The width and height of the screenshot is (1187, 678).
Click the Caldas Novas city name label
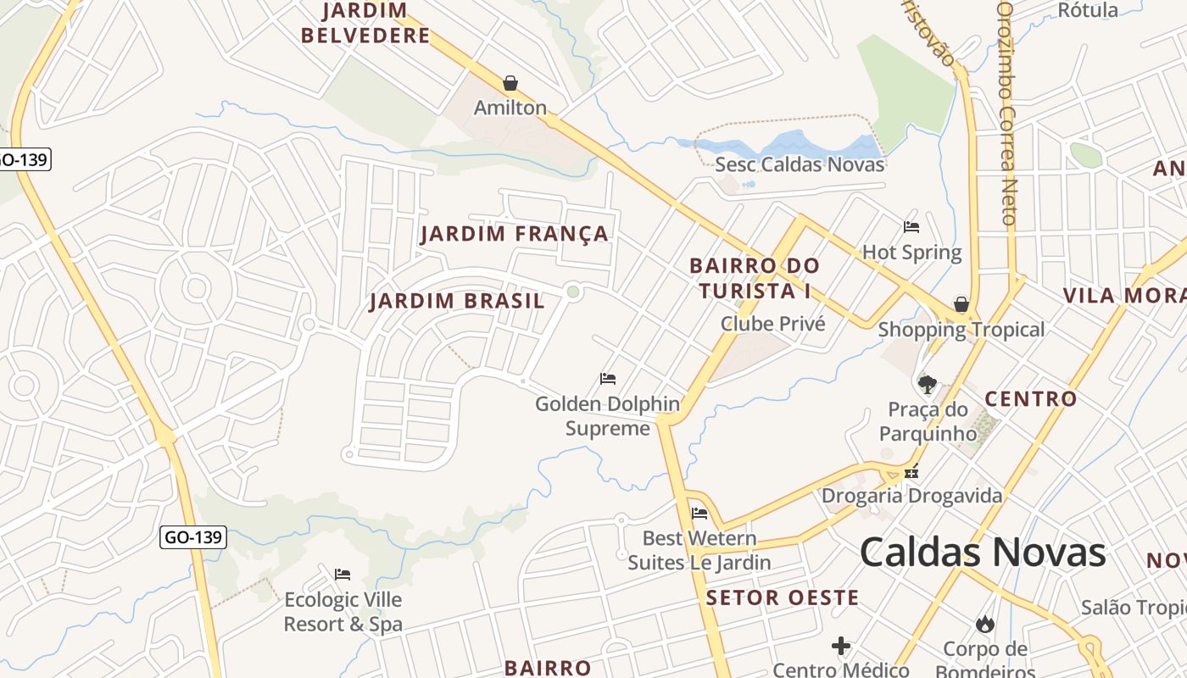pyautogui.click(x=982, y=553)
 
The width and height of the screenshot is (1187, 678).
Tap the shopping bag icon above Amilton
pyautogui.click(x=510, y=83)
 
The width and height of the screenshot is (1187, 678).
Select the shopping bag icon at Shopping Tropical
pyautogui.click(x=961, y=304)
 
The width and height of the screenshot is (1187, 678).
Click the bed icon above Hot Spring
pyautogui.click(x=911, y=226)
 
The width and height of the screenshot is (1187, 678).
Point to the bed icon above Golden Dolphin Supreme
pyautogui.click(x=608, y=378)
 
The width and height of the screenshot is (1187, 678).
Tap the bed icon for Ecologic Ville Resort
pyautogui.click(x=343, y=574)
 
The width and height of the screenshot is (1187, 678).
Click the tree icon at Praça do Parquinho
pyautogui.click(x=928, y=385)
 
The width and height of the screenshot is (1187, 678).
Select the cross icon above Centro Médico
pyautogui.click(x=840, y=647)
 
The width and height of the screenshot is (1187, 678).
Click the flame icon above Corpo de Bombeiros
pyautogui.click(x=984, y=625)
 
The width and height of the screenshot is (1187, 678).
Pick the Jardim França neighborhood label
pyautogui.click(x=515, y=234)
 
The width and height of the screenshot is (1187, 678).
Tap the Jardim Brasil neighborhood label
pyautogui.click(x=457, y=301)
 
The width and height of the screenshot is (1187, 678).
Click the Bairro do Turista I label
pyautogui.click(x=754, y=278)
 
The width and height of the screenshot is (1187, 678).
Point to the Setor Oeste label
pyautogui.click(x=783, y=597)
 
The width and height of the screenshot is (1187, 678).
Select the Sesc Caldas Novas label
pyautogui.click(x=800, y=164)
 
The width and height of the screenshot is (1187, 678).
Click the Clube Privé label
pyautogui.click(x=772, y=323)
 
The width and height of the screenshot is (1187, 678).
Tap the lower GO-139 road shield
pyautogui.click(x=193, y=536)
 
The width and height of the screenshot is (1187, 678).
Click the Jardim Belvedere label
pyautogui.click(x=365, y=24)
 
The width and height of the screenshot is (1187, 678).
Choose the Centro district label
pyautogui.click(x=1030, y=398)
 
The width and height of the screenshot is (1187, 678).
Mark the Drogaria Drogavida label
pyautogui.click(x=911, y=495)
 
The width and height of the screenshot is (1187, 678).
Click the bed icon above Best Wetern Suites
pyautogui.click(x=699, y=513)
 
